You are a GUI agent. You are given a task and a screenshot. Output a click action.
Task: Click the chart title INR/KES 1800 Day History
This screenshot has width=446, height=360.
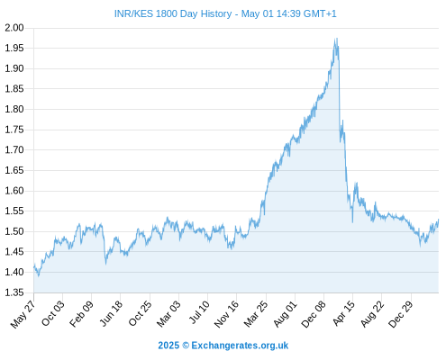point(173,13)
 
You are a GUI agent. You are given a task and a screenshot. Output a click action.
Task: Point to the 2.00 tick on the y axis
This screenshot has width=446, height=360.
point(14,28)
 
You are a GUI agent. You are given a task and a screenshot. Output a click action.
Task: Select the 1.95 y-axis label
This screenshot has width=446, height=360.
point(14,48)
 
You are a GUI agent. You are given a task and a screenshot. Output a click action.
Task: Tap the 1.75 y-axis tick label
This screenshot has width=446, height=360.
point(14,130)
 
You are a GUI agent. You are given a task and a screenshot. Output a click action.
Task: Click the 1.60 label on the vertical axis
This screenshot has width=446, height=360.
point(14,191)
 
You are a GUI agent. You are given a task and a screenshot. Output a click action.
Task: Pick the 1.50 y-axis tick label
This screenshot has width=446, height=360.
point(14,231)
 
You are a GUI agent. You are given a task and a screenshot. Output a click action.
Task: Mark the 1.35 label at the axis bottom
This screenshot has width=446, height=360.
point(14,292)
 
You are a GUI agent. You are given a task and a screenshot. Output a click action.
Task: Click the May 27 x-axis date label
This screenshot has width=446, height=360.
point(23,314)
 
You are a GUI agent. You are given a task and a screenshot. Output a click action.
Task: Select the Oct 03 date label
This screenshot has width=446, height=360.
point(53,313)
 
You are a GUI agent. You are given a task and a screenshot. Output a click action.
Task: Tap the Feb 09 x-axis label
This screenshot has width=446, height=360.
point(81,314)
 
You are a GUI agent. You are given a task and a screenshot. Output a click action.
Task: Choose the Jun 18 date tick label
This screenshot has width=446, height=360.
point(111,313)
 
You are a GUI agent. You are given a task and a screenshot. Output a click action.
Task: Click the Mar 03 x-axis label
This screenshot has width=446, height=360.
point(168,314)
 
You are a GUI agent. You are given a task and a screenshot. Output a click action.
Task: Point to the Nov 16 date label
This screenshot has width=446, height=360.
point(226,314)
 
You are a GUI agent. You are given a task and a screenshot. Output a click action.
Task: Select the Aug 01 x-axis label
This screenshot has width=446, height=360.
point(285,314)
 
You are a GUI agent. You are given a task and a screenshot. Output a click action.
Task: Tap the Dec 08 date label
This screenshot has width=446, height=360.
point(314,314)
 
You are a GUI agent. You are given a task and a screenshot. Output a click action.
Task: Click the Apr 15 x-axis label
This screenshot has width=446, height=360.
point(343,313)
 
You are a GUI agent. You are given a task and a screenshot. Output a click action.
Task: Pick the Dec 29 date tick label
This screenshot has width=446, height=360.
point(401,314)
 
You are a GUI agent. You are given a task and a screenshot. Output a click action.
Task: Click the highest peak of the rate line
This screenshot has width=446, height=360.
point(337,39)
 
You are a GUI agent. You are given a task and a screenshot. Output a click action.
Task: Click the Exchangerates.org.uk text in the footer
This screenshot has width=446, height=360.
point(240,346)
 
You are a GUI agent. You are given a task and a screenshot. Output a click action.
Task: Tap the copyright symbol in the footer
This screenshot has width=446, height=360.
point(186,346)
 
